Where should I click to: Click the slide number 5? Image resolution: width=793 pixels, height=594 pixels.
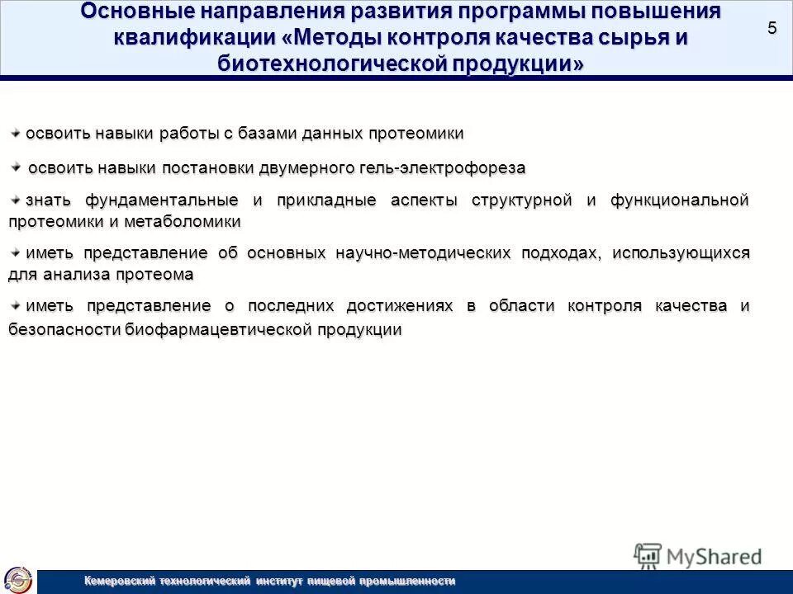pyautogui.click(x=772, y=28)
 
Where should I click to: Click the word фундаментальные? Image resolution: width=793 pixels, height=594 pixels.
pyautogui.click(x=154, y=200)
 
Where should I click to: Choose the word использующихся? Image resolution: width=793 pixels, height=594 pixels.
pyautogui.click(x=680, y=252)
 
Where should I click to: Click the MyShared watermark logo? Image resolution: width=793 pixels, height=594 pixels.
pyautogui.click(x=698, y=555)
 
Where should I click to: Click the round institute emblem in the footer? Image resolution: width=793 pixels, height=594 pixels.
pyautogui.click(x=18, y=579)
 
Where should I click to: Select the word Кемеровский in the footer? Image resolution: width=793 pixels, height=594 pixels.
pyautogui.click(x=122, y=582)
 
